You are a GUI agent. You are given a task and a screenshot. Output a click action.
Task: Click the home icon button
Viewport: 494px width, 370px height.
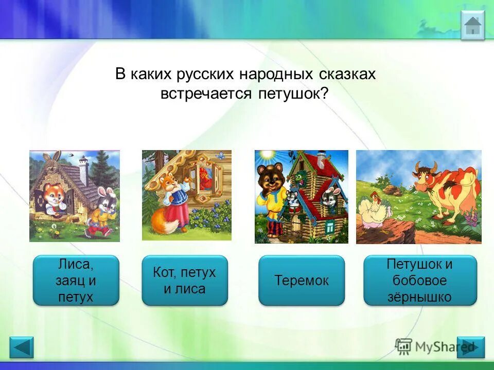[472, 25]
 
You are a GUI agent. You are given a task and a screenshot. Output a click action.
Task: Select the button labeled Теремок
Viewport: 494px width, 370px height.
[301, 281]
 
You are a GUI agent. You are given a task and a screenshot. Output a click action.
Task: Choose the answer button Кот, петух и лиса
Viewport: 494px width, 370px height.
[184, 281]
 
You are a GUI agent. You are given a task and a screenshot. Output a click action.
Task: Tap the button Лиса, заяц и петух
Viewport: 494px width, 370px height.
[76, 281]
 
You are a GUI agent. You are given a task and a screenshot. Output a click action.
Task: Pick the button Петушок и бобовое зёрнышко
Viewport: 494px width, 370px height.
[420, 281]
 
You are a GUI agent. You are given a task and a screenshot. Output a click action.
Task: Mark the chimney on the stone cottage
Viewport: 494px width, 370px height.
[84, 168]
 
